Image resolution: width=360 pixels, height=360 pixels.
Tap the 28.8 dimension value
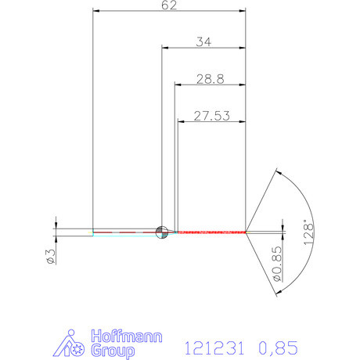(211, 79)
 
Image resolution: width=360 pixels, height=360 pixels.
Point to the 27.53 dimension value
(212, 116)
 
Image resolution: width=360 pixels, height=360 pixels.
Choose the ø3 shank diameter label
(49, 256)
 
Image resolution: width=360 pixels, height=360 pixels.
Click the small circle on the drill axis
(162, 231)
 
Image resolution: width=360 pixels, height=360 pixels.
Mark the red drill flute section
(211, 232)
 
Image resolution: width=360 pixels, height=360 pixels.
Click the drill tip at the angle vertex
(247, 231)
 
